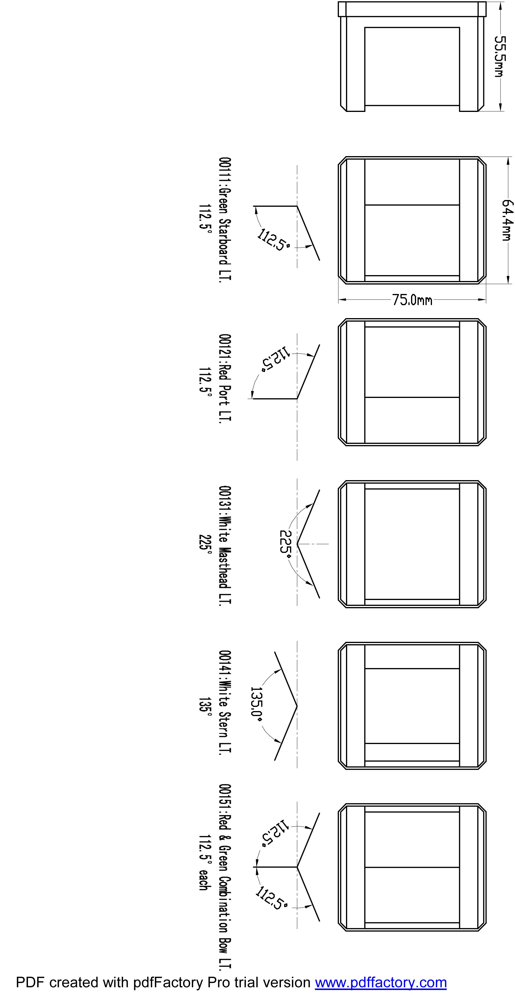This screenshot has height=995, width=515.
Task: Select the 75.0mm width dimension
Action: point(412,300)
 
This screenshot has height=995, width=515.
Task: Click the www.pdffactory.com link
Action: point(381,982)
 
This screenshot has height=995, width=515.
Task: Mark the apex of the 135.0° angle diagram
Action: point(297,706)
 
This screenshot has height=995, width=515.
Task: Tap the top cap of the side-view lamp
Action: point(412,9)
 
